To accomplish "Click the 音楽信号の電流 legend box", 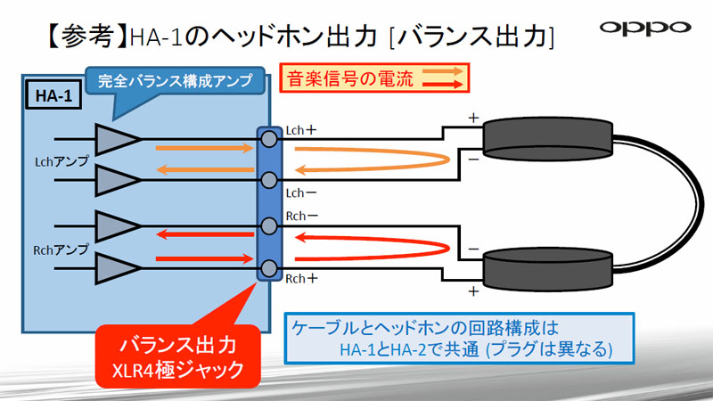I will (x=373, y=78).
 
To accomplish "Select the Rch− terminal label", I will (x=302, y=215).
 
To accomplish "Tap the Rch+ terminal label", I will (x=301, y=278).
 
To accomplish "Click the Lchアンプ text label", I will (x=56, y=162).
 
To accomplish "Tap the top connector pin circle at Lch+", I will (x=268, y=139).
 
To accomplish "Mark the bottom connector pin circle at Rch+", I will (x=268, y=266).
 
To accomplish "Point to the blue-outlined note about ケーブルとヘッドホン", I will (x=459, y=338).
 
